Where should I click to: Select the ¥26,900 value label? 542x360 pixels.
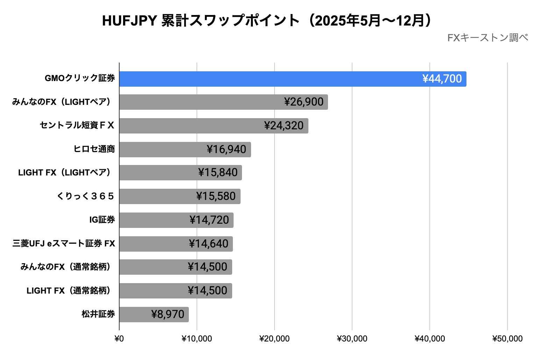[x=304, y=102]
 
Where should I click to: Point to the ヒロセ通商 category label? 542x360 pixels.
[x=94, y=149]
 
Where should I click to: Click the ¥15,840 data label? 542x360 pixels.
[x=218, y=173]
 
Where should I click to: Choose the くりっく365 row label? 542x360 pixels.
[x=86, y=196]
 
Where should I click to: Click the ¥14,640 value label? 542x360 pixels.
[x=208, y=244]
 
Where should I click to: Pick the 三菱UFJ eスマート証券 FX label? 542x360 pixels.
[x=64, y=244]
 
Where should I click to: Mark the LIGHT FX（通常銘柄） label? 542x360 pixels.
[x=69, y=291]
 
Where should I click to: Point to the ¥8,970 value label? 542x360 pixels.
[x=168, y=315]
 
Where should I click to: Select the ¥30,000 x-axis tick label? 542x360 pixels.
[x=352, y=339]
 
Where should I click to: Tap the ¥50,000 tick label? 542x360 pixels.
[x=507, y=339]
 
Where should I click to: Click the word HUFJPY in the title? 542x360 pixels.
[x=129, y=21]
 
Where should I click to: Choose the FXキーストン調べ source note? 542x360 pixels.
[x=487, y=38]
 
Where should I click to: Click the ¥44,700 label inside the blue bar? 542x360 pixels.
[x=442, y=79]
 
